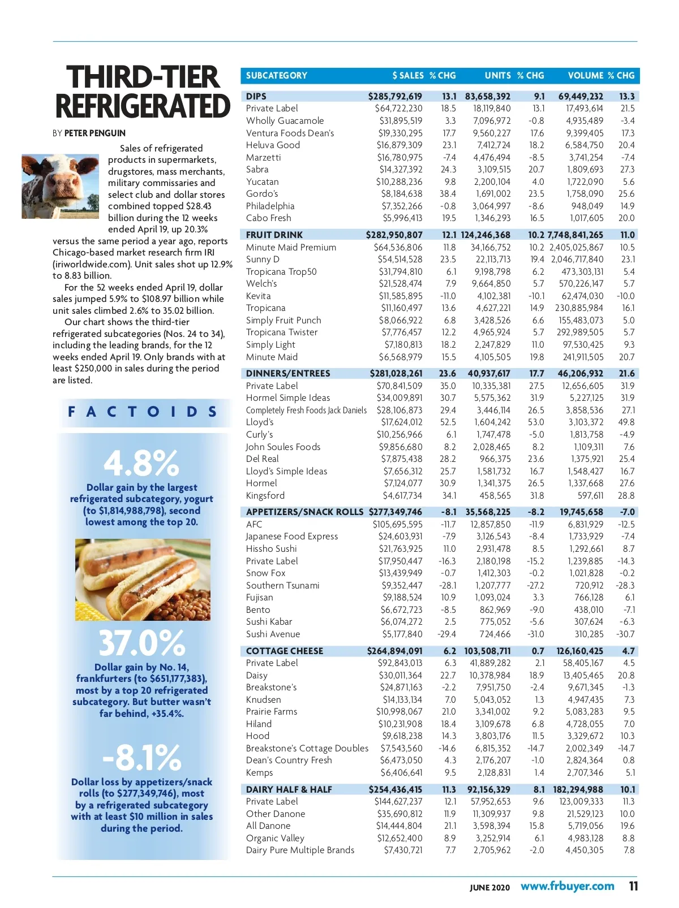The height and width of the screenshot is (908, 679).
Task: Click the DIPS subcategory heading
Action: tap(256, 96)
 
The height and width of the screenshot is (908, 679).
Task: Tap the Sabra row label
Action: tap(257, 169)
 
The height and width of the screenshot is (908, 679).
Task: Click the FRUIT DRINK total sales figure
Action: tap(394, 235)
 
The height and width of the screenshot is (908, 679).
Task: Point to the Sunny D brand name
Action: tap(263, 259)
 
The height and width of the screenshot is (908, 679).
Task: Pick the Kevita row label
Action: tap(259, 296)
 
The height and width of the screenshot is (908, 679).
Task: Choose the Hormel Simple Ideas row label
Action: tap(288, 397)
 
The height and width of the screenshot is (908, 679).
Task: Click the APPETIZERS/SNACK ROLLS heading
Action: tap(304, 512)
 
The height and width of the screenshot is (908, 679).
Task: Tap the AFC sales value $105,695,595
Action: tap(397, 524)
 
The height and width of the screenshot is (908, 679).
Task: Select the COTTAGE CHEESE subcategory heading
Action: tap(285, 651)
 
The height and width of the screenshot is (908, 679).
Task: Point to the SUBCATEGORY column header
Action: tap(276, 75)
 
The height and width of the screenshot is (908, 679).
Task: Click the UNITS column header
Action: tap(497, 75)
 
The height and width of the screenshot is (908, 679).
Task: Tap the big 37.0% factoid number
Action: tap(141, 643)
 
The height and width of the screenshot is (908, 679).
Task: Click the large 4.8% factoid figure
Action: tap(141, 464)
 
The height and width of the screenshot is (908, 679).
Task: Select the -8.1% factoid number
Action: tap(141, 758)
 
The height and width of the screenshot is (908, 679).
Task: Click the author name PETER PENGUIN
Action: tap(95, 133)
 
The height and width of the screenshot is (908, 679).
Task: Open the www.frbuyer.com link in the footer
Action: tap(567, 886)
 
